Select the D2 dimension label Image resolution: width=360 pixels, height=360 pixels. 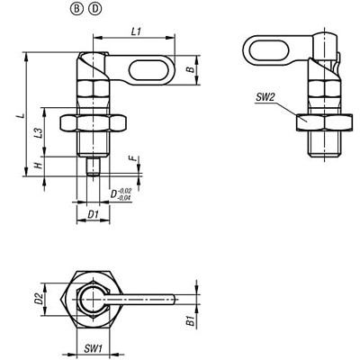coord(40,297)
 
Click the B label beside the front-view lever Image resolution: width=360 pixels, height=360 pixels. coord(188,67)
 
